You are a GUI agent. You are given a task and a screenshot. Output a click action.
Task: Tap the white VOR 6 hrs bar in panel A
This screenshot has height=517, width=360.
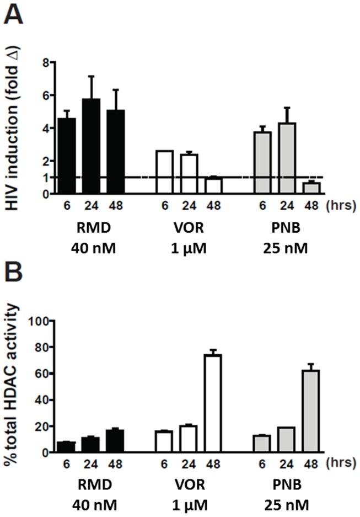pos(165,172)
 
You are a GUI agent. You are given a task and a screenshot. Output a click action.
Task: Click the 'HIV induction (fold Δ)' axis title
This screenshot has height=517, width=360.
pos(13,127)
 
